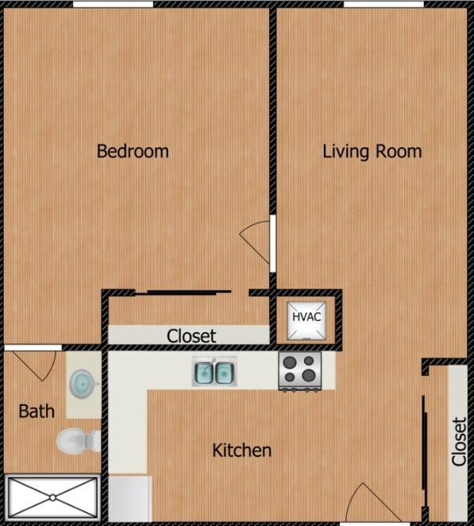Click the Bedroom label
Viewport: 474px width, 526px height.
(x=133, y=151)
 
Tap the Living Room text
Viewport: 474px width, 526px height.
(x=372, y=151)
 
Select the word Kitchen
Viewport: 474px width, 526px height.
(x=242, y=451)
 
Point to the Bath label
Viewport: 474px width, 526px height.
(x=37, y=411)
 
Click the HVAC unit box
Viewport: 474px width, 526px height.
(x=306, y=317)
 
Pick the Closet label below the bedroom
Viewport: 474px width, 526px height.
(x=191, y=336)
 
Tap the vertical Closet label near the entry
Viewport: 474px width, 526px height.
(x=458, y=442)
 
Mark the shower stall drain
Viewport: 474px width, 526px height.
(x=52, y=497)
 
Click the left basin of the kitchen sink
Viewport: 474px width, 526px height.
(x=202, y=372)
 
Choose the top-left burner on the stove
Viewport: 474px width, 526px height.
(x=290, y=362)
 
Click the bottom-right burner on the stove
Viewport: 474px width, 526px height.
(x=310, y=377)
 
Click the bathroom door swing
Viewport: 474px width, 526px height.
(x=36, y=362)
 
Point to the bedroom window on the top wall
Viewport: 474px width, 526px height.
(x=113, y=4)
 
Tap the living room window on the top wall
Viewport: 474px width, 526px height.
(x=383, y=4)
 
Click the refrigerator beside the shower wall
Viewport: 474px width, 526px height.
(x=129, y=498)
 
